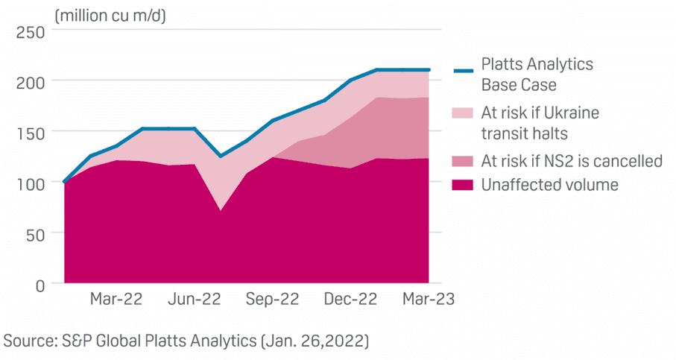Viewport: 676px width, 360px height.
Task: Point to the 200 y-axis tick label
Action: (31, 81)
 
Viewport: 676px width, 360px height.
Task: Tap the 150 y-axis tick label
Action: (31, 132)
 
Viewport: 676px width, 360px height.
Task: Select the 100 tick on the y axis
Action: (31, 183)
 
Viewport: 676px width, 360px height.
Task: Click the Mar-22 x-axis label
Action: (116, 300)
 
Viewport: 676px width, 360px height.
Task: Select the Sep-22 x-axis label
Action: (273, 300)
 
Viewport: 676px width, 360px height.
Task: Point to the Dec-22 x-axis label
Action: (350, 300)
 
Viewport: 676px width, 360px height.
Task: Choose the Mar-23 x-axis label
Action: (427, 300)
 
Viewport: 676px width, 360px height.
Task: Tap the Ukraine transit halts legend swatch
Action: (464, 114)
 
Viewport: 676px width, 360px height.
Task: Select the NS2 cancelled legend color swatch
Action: (464, 160)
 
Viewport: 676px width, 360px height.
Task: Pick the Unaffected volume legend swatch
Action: (464, 184)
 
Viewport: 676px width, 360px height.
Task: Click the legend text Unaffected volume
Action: (550, 184)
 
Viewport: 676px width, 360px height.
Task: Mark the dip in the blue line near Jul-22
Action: (219, 156)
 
